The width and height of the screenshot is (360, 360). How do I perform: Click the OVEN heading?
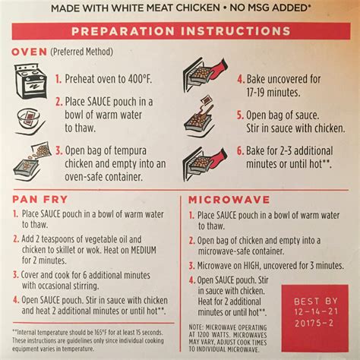tap(30, 52)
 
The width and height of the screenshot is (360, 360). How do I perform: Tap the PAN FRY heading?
tap(40, 200)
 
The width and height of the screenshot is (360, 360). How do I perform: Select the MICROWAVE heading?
tap(229, 200)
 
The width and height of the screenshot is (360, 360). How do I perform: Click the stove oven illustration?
tap(30, 81)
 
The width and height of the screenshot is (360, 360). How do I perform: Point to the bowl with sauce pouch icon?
tap(30, 121)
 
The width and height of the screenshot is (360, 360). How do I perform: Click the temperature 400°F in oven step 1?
tap(140, 79)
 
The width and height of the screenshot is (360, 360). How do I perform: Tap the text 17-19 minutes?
tap(273, 93)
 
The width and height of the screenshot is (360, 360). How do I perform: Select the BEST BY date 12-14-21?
tap(316, 311)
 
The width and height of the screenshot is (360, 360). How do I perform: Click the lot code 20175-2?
tap(314, 323)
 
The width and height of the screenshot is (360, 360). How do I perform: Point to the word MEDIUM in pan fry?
tap(144, 250)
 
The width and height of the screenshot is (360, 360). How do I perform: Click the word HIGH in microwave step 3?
tap(251, 266)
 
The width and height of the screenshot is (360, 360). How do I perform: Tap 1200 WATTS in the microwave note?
tap(212, 335)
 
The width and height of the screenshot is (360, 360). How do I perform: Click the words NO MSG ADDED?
tap(269, 8)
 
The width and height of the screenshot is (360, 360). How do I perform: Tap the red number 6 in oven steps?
tap(240, 151)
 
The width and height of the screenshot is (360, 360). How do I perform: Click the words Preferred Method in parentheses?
tap(82, 52)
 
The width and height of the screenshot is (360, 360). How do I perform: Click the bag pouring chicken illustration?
tap(32, 161)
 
